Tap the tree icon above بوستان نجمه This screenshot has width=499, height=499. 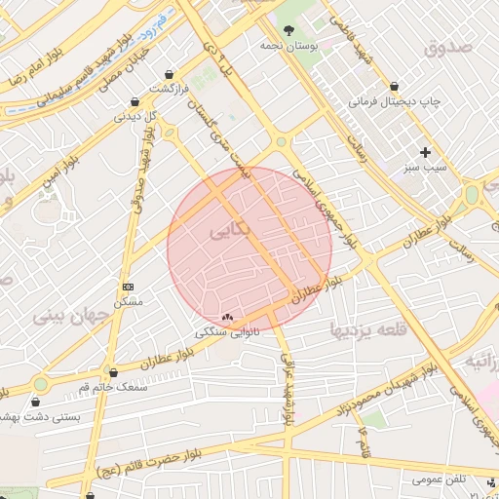(x=288, y=30)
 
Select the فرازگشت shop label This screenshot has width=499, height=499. (x=168, y=89)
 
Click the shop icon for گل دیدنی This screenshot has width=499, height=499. (x=134, y=101)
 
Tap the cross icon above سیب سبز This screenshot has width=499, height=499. (x=425, y=152)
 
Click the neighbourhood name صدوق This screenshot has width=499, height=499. (x=448, y=46)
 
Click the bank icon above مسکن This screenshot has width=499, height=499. (x=129, y=287)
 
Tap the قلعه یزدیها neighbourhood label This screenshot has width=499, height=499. (x=365, y=328)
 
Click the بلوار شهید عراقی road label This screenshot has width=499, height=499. (x=288, y=388)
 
